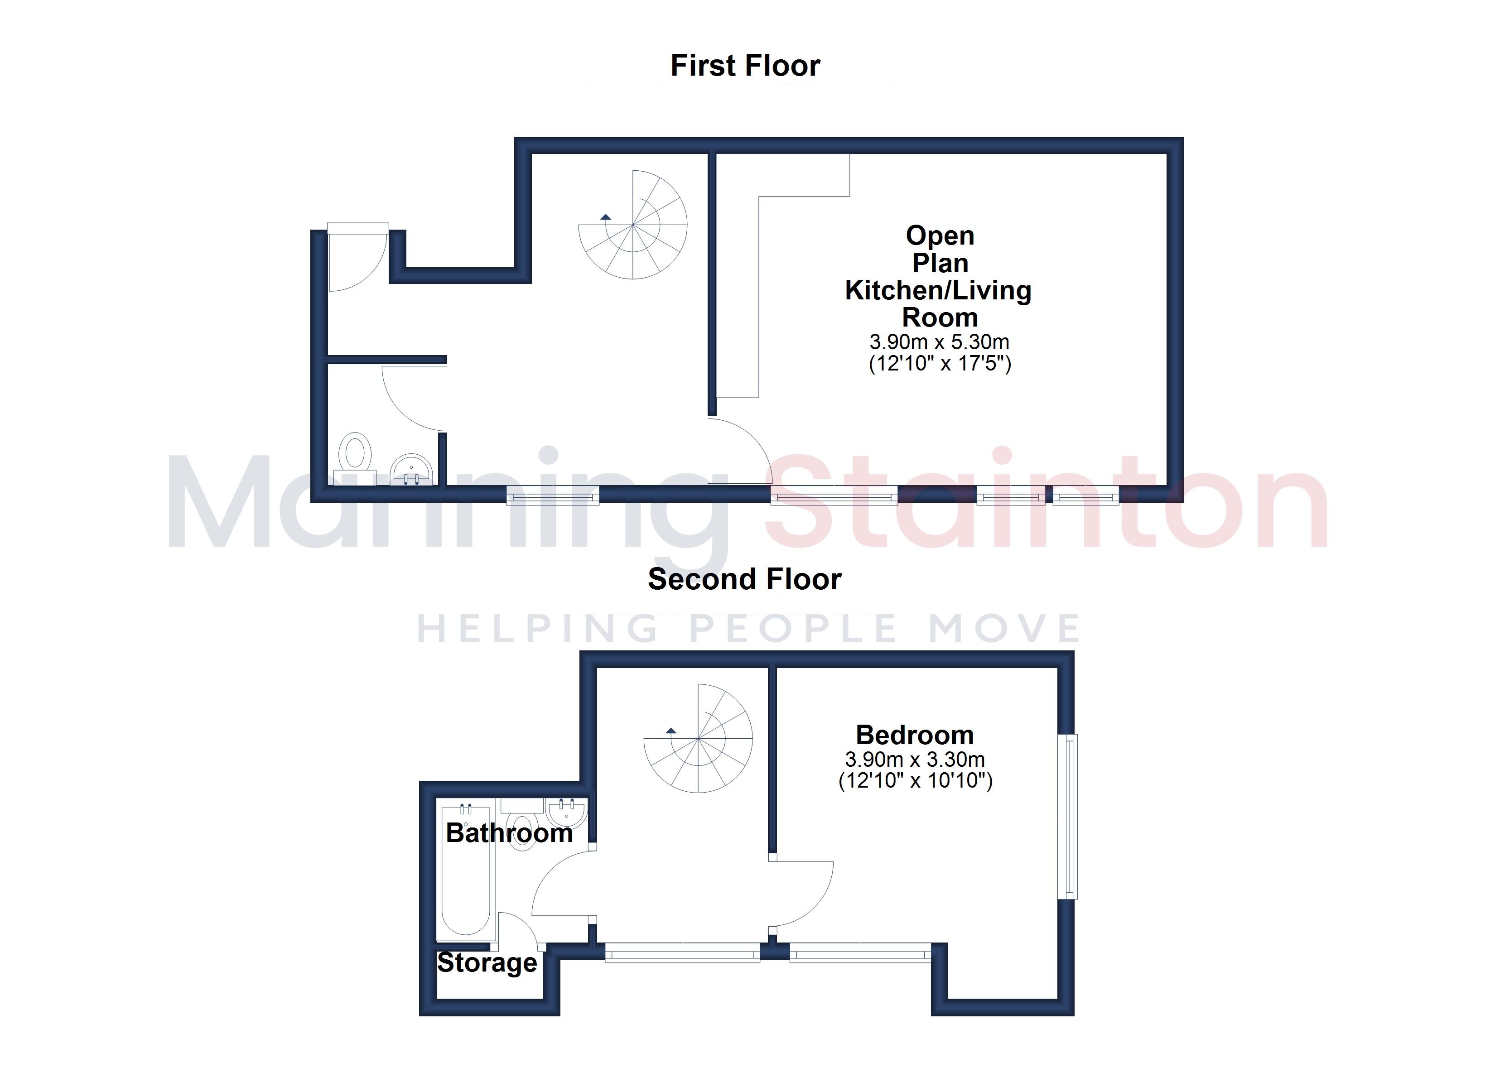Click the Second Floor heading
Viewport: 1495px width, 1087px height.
[x=745, y=579]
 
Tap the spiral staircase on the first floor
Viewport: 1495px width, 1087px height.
[x=633, y=225]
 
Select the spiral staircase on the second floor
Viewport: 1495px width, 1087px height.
[x=698, y=738]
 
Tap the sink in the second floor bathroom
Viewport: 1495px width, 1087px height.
[x=566, y=812]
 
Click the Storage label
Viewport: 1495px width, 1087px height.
[x=487, y=963]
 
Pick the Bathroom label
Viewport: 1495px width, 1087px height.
[x=509, y=833]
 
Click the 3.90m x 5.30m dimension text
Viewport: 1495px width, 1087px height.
[x=939, y=341]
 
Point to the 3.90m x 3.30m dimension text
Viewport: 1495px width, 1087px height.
[x=915, y=760]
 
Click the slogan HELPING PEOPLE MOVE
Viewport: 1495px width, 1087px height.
[x=748, y=628]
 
